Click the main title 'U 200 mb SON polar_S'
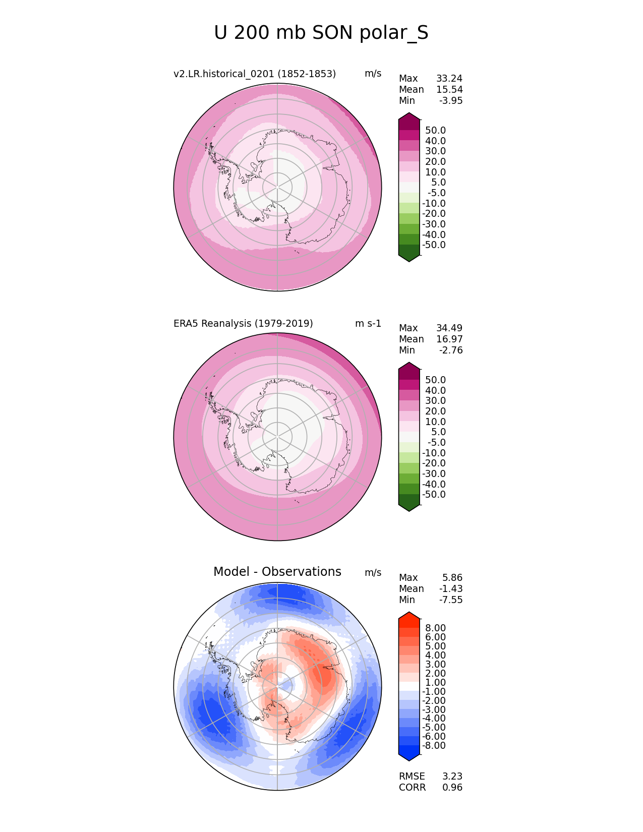pos(321,33)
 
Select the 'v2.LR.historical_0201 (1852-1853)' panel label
pos(255,74)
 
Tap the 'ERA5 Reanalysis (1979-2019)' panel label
pos(243,323)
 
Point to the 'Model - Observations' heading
pos(277,572)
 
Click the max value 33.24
pos(449,79)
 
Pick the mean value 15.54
pos(449,90)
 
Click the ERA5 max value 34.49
pos(449,328)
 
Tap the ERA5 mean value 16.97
pos(449,339)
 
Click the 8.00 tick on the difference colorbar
pos(435,628)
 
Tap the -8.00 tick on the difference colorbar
pos(434,746)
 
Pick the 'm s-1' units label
pos(368,323)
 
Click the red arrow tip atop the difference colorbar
pos(409,615)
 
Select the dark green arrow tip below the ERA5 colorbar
pos(409,508)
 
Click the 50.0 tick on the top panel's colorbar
pos(435,131)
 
